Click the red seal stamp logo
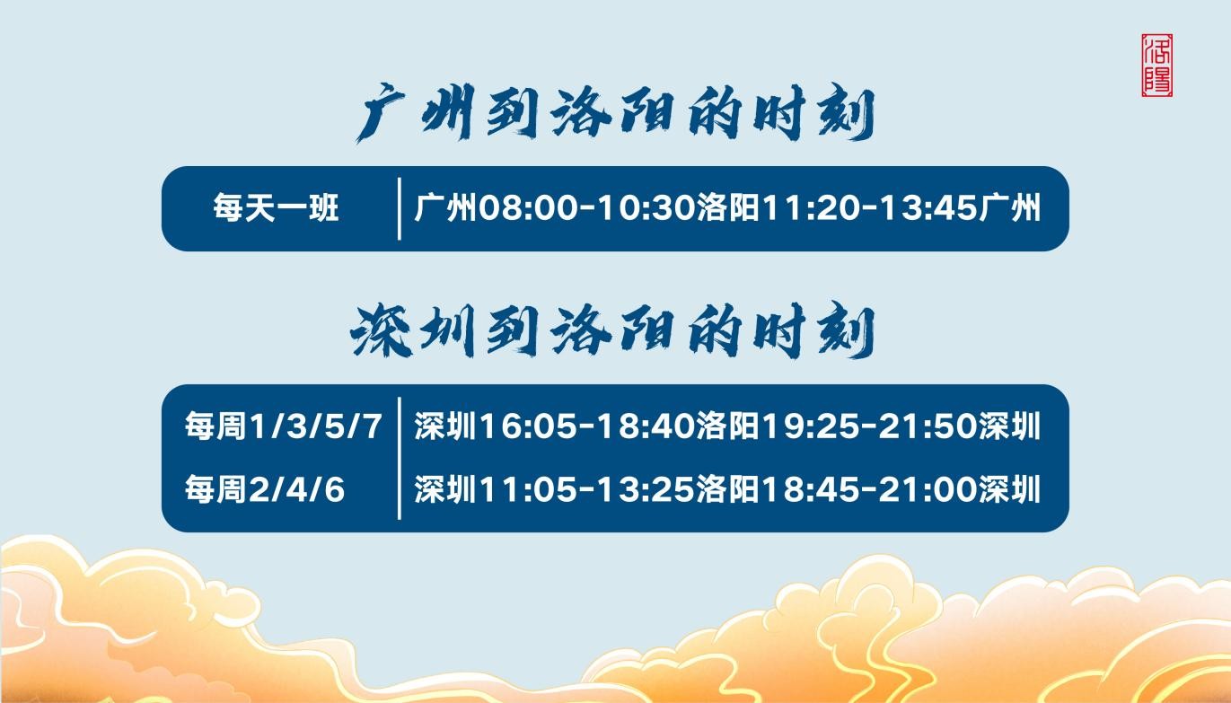click(x=1156, y=65)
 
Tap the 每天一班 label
click(x=276, y=207)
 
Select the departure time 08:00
click(x=529, y=208)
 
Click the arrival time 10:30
click(x=646, y=208)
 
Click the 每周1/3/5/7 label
click(x=283, y=426)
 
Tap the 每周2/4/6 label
click(x=265, y=489)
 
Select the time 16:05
click(x=529, y=426)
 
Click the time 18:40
click(x=646, y=426)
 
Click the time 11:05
click(x=529, y=489)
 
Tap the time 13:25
click(x=646, y=489)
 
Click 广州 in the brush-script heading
click(x=415, y=113)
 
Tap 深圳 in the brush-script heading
click(x=412, y=330)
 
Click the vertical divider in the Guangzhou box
click(x=399, y=208)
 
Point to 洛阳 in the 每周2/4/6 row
click(x=728, y=489)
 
